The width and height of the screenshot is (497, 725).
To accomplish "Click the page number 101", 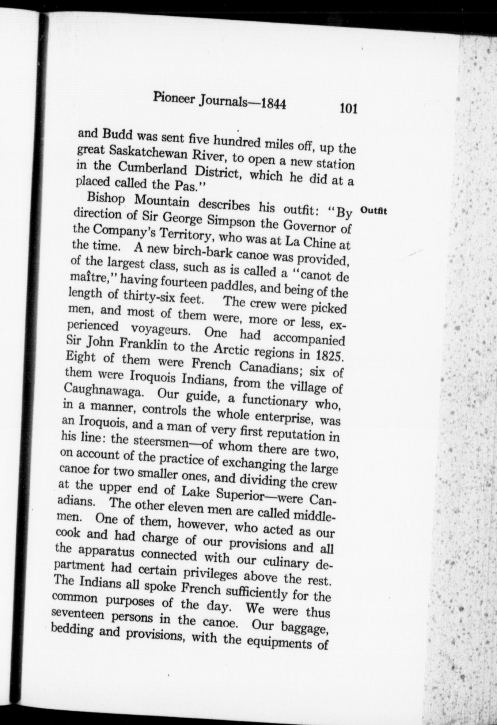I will pyautogui.click(x=348, y=109).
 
